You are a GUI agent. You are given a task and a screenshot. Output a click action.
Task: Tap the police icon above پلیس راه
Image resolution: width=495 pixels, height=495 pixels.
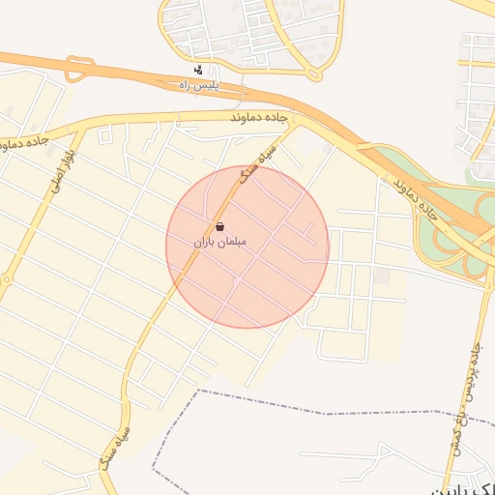[x=198, y=70]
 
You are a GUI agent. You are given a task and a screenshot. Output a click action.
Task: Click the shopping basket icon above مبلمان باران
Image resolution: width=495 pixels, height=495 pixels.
[x=220, y=225]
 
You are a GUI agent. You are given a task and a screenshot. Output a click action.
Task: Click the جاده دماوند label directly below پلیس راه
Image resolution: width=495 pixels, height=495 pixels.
[x=260, y=116]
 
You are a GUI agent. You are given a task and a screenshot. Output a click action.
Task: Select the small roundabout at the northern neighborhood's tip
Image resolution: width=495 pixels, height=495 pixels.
[x=312, y=72]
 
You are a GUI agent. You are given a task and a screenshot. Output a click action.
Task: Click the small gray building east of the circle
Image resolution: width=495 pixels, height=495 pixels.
[x=382, y=277]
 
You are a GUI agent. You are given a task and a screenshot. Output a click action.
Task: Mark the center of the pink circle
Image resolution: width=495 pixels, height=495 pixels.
[x=247, y=246]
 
